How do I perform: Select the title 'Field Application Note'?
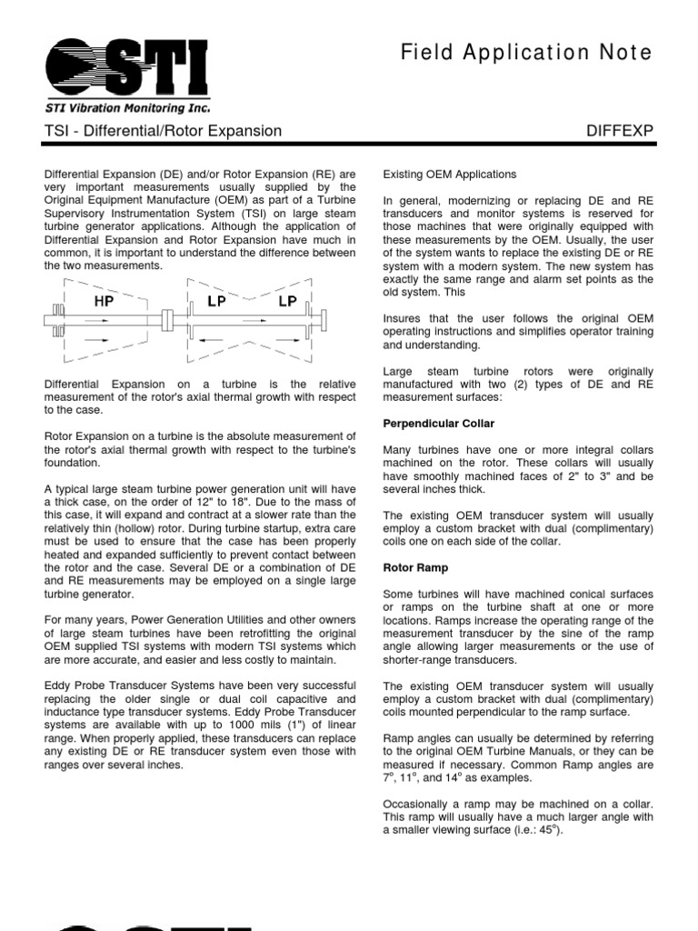pyautogui.click(x=526, y=54)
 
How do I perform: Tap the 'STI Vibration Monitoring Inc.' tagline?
pyautogui.click(x=127, y=106)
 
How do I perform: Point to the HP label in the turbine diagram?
pyautogui.click(x=104, y=301)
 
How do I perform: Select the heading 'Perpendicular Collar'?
pyautogui.click(x=439, y=424)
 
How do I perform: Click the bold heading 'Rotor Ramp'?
pyautogui.click(x=416, y=567)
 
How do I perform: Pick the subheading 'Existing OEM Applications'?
pyautogui.click(x=450, y=174)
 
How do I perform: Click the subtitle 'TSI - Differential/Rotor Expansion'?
pyautogui.click(x=164, y=131)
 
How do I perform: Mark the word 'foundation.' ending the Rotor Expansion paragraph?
pyautogui.click(x=74, y=464)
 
